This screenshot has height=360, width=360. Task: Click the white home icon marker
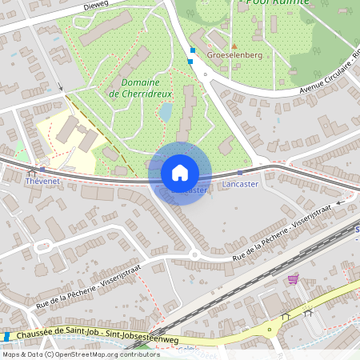[x=180, y=173]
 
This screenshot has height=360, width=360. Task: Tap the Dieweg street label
[x=95, y=6]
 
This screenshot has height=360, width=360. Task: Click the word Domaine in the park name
[x=140, y=82]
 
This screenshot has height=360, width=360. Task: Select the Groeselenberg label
[x=234, y=57]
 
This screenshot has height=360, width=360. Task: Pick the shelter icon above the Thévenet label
[x=33, y=171]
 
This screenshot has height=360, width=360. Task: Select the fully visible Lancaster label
[x=241, y=185]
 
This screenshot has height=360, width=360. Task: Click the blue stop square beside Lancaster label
[x=241, y=173]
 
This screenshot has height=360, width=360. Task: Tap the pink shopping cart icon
[x=293, y=279]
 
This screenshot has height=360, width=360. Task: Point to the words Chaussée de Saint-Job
[x=54, y=334]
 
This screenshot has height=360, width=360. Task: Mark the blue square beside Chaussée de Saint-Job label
[x=6, y=337]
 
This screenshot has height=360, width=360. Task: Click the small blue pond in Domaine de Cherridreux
[x=166, y=111]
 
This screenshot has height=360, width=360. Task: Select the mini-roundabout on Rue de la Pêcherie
[x=194, y=256]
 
